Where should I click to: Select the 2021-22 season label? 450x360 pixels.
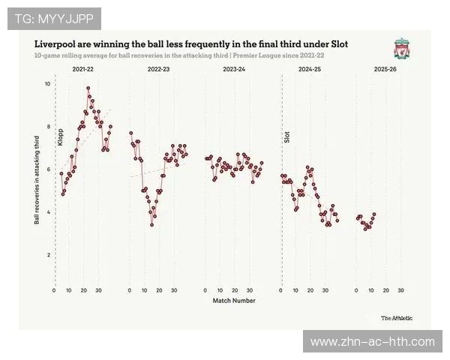click(x=83, y=69)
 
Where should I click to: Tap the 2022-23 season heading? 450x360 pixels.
click(x=158, y=69)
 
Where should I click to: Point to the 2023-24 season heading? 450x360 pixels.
click(x=233, y=69)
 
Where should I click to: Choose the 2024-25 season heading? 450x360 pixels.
click(x=309, y=69)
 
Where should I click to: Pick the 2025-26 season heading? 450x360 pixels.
click(x=384, y=69)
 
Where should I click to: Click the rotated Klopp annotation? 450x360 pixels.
click(x=61, y=136)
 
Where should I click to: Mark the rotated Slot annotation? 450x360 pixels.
click(x=286, y=137)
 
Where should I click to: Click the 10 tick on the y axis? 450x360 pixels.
click(x=47, y=84)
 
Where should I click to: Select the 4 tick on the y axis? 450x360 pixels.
click(x=48, y=213)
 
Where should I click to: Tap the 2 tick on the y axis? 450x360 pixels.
click(x=48, y=256)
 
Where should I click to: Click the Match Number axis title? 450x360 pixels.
click(x=233, y=301)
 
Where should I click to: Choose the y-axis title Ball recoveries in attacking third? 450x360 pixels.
click(x=37, y=180)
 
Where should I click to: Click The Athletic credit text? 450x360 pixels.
click(x=395, y=318)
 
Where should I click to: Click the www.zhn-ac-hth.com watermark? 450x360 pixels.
click(x=372, y=342)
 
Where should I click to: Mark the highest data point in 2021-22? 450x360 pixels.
click(x=88, y=88)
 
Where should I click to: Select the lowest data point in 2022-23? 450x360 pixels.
click(x=151, y=224)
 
